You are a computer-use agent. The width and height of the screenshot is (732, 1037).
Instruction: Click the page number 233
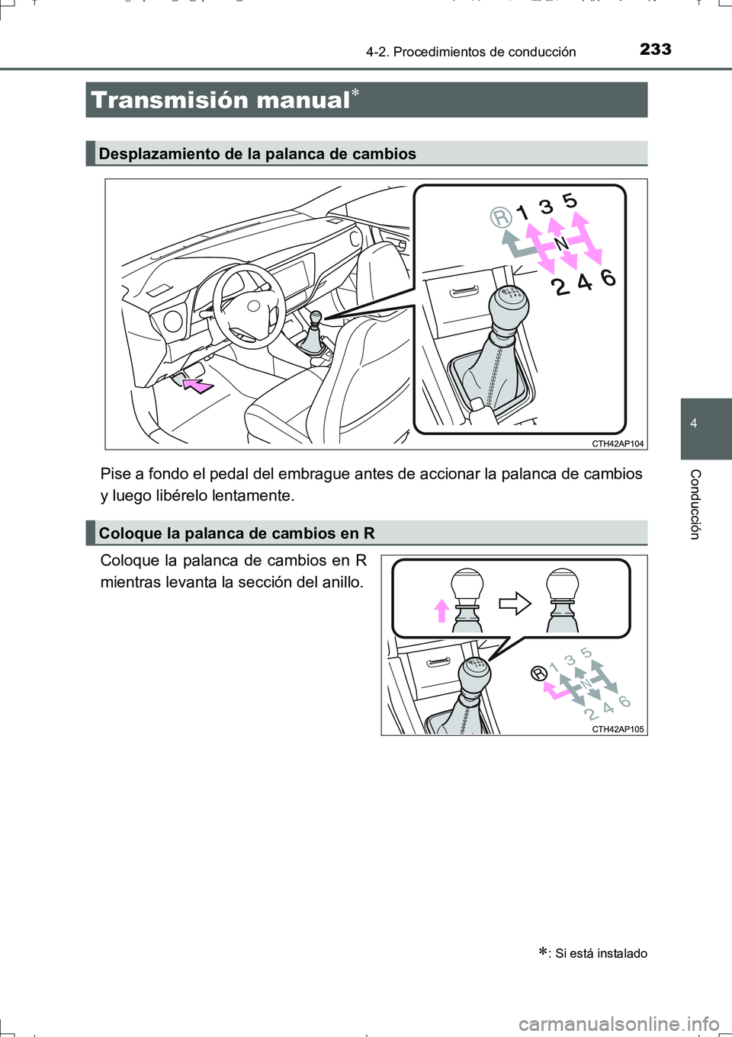point(655,50)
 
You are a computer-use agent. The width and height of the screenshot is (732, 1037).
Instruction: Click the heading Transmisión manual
point(220,100)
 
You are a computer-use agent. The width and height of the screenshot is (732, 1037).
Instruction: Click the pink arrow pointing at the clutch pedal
point(198,386)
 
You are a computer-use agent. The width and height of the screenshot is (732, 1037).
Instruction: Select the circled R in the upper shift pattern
point(501,218)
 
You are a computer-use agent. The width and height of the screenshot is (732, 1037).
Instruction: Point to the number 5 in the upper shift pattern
point(570,200)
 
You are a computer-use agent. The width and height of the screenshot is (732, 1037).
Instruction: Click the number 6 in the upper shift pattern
point(608,277)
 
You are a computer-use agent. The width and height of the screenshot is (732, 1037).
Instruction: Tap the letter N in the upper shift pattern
point(560,244)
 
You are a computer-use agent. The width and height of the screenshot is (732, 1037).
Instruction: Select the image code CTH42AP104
point(618,443)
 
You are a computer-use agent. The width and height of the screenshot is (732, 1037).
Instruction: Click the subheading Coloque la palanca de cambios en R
point(236,533)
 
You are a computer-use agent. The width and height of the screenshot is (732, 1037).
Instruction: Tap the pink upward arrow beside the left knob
point(441,610)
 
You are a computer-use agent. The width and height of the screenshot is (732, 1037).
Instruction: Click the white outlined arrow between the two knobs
point(515,603)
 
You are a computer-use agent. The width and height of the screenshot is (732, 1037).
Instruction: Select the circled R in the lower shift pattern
point(539,673)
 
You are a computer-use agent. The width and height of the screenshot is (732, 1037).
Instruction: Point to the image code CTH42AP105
point(618,729)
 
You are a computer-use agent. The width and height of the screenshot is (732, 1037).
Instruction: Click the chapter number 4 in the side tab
point(694,424)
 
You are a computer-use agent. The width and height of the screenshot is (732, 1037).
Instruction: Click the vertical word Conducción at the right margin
point(695,504)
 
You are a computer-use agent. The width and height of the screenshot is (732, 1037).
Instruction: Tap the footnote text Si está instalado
point(601,953)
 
